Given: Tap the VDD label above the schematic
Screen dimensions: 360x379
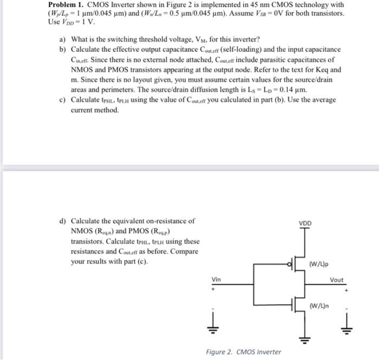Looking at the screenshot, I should point(305,222).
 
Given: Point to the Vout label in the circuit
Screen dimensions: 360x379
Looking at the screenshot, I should point(336,280).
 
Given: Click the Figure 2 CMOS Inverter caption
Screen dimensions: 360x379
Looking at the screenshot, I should point(243,352).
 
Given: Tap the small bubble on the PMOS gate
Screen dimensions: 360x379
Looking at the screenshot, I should point(289,265).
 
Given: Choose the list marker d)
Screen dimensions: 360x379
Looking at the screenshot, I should point(62,221).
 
